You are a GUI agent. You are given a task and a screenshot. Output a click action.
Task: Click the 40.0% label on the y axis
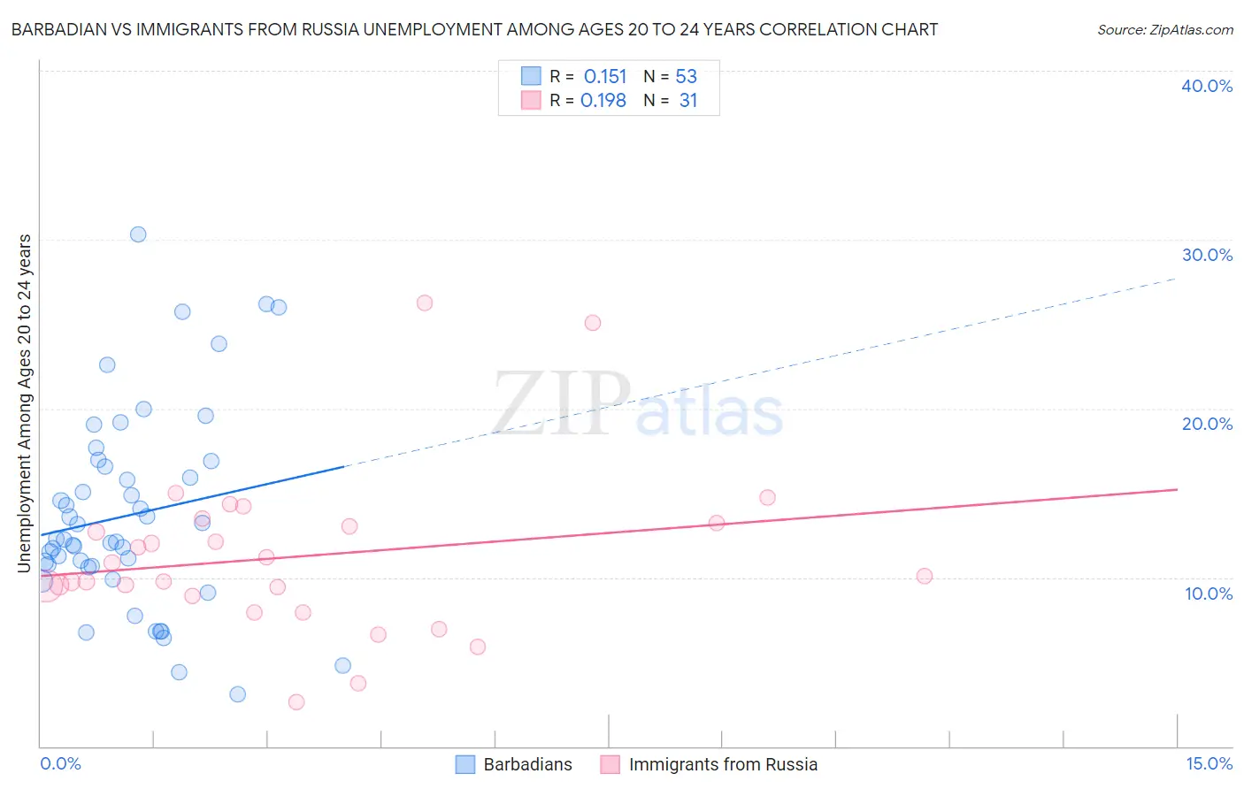pos(1207,86)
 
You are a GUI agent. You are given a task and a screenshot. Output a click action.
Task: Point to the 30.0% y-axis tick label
pos(1207,255)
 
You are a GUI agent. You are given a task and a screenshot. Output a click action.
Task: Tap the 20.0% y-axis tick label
pos(1207,424)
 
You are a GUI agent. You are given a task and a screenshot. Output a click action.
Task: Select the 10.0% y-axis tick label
pos(1209,594)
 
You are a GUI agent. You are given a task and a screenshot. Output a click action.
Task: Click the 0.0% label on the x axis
pos(60,763)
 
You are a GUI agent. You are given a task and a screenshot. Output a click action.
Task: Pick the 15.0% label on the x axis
pos(1209,763)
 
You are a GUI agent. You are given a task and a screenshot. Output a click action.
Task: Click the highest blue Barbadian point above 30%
pos(138,234)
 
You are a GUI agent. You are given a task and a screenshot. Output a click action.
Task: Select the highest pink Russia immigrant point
pos(425,303)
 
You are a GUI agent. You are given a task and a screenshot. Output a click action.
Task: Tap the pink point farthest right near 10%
pos(925,576)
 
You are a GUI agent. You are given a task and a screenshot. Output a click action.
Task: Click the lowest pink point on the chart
pos(296,702)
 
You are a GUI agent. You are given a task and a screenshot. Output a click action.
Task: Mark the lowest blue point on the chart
pos(237,694)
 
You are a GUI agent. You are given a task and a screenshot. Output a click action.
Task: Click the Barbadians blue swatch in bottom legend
pos(465,764)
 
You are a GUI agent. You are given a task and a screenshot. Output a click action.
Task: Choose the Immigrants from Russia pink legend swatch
pos(610,764)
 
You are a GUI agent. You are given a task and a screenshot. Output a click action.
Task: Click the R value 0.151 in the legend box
pos(605,77)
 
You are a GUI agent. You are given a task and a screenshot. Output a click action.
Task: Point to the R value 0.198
pos(603,101)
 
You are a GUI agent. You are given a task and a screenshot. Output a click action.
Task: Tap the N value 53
pos(687,77)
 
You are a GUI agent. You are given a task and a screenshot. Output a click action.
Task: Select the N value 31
pos(688,101)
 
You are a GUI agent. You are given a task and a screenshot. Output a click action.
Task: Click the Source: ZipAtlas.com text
pos(1164,30)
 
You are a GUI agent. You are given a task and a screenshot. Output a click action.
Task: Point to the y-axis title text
pos(25,402)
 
